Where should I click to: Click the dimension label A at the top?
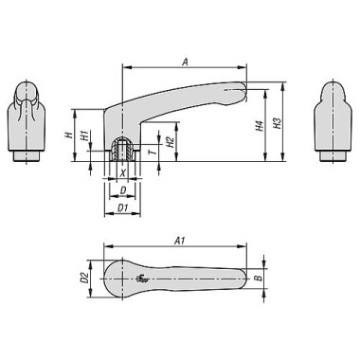[x=186, y=62]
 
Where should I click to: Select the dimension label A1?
[x=180, y=241]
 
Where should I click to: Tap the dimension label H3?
[x=277, y=123]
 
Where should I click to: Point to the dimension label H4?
[x=260, y=126]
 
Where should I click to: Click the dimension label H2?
[x=170, y=142]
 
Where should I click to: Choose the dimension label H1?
[x=84, y=135]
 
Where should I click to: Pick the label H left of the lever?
[x=68, y=135]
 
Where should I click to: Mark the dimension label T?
[x=153, y=152]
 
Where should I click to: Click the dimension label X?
[x=123, y=172]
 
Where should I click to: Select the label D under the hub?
[x=123, y=190]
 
